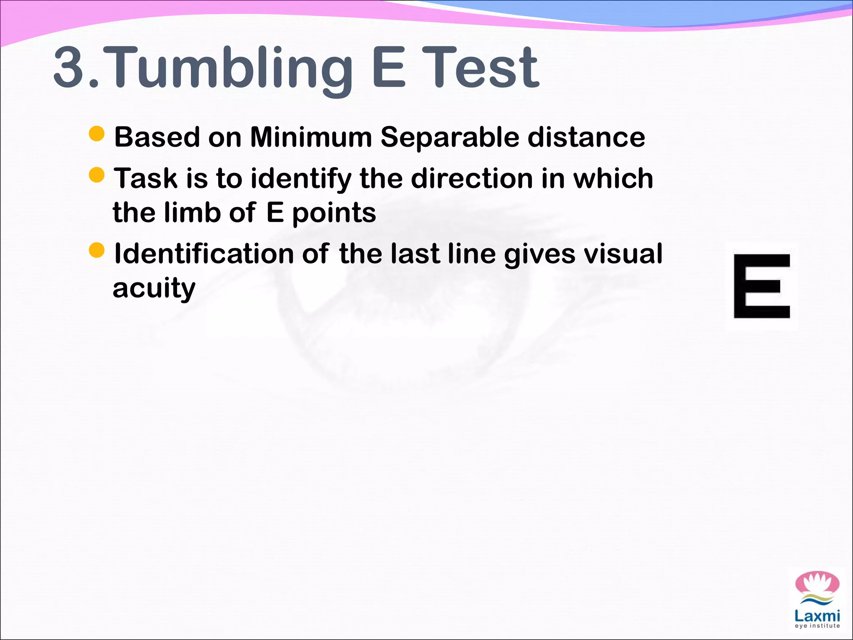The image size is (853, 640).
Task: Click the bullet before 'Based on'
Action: [x=97, y=134]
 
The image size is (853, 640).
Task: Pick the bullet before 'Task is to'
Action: [x=97, y=175]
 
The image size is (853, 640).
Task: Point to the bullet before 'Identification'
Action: [x=97, y=250]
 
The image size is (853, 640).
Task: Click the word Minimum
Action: [x=311, y=137]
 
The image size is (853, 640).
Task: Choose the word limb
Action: [x=192, y=212]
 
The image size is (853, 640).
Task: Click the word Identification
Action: [x=204, y=254]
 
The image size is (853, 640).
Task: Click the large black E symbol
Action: [x=762, y=286]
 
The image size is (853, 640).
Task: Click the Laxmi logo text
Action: [x=817, y=615]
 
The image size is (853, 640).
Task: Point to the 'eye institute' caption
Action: [x=817, y=626]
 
